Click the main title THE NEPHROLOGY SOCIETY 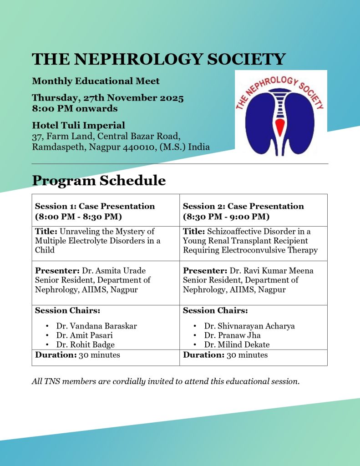[x=159, y=59]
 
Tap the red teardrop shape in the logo [x=280, y=127]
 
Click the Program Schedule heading [x=99, y=181]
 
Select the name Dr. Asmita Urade [x=114, y=271]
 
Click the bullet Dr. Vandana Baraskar [x=96, y=326]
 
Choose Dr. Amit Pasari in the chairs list [x=85, y=335]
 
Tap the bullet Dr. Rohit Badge [x=86, y=344]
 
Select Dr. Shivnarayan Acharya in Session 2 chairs [x=249, y=326]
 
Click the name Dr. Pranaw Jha [x=232, y=335]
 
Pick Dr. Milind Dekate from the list [x=237, y=344]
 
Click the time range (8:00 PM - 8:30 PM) [x=78, y=216]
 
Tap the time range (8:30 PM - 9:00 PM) [x=226, y=216]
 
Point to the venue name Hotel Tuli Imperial [x=78, y=125]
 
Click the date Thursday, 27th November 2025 [x=108, y=98]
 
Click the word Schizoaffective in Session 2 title [x=236, y=232]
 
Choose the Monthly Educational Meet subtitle [x=96, y=81]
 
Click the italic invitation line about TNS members [x=166, y=381]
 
